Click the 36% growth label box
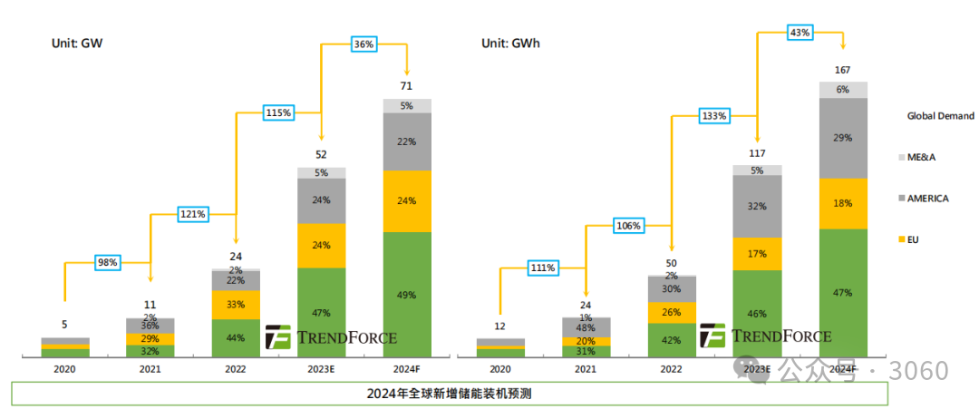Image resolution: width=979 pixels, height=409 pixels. click(364, 44)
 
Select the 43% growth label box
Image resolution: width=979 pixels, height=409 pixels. click(800, 33)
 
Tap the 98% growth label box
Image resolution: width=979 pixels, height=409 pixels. click(108, 263)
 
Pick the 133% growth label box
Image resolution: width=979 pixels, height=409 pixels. click(713, 115)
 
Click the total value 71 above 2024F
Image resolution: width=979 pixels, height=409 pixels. click(407, 86)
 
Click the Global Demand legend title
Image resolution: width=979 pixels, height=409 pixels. click(940, 116)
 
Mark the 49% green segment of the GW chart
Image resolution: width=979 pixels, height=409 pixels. click(407, 294)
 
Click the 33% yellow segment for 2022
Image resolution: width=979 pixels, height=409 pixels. click(236, 305)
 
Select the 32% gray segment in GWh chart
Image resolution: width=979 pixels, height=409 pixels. click(757, 206)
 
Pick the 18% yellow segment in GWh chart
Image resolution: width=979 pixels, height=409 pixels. click(843, 203)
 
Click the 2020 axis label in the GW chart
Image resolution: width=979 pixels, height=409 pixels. click(64, 370)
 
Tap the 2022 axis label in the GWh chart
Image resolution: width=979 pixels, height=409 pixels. click(671, 370)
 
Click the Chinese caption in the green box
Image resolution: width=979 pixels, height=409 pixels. click(449, 394)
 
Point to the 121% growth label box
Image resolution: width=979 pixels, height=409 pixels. click(192, 214)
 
